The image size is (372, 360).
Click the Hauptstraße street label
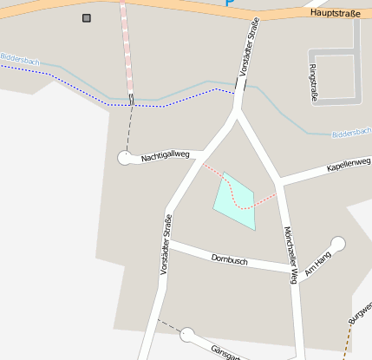[334, 14]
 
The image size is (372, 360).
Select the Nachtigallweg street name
[165, 154]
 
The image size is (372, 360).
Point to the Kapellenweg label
[348, 164]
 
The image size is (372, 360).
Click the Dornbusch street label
[230, 259]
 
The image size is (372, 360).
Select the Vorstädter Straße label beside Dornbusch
[165, 245]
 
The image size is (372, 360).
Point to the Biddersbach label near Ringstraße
[351, 133]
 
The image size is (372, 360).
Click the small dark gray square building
[86, 17]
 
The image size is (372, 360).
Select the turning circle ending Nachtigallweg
[124, 157]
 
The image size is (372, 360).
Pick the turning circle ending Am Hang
[338, 244]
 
